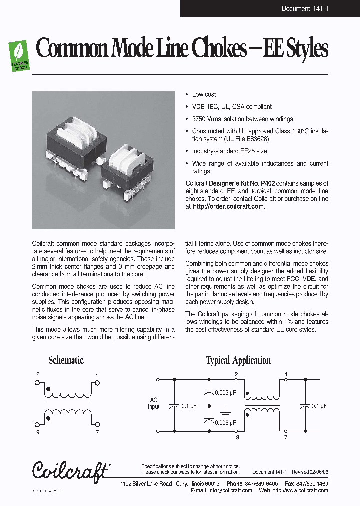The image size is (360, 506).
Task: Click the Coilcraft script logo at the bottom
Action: (69, 471)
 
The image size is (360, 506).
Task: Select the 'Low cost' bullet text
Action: (204, 94)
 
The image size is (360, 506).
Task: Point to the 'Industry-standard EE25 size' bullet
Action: (229, 151)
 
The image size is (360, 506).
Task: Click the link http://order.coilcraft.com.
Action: (228, 206)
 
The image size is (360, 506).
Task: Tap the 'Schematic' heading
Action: (66, 360)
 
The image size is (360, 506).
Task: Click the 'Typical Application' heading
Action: (238, 360)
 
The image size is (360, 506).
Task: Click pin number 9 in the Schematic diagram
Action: (38, 432)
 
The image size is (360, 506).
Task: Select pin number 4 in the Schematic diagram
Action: (97, 374)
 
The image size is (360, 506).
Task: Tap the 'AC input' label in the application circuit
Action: (153, 403)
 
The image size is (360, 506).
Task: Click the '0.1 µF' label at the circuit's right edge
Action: (319, 406)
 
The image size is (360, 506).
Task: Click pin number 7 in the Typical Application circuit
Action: (285, 437)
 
